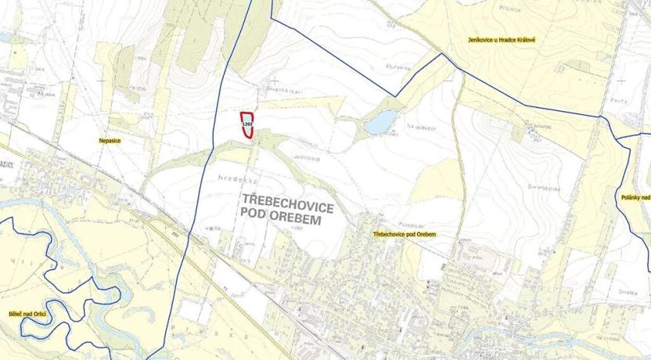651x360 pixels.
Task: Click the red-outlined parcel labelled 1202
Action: (247, 125)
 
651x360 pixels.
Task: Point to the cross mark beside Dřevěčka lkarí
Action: (275, 81)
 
